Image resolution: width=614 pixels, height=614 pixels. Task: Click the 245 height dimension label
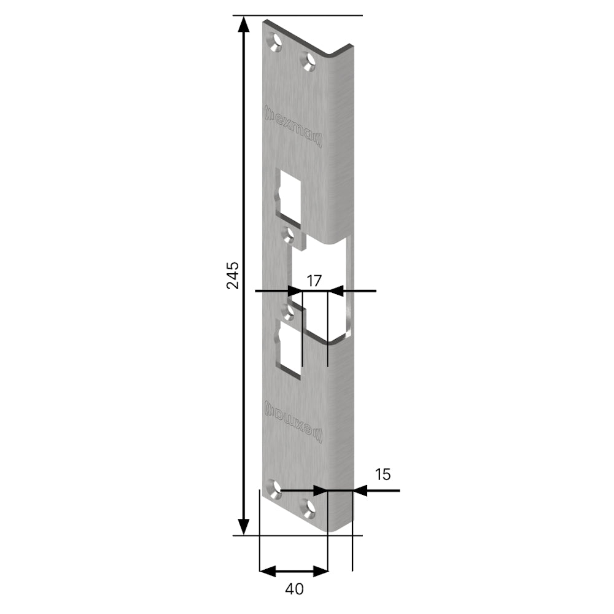pyautogui.click(x=233, y=275)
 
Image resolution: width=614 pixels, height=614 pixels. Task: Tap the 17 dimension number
pyautogui.click(x=314, y=281)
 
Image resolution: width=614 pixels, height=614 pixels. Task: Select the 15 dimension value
pyautogui.click(x=383, y=475)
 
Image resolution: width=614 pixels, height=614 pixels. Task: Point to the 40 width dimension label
pyautogui.click(x=295, y=589)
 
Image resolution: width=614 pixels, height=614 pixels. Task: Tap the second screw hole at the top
pyautogui.click(x=309, y=61)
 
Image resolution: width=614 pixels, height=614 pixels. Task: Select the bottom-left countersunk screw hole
pyautogui.click(x=275, y=489)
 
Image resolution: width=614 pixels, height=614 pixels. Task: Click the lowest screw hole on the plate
pyautogui.click(x=309, y=508)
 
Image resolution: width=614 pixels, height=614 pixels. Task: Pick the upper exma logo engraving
pyautogui.click(x=293, y=126)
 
